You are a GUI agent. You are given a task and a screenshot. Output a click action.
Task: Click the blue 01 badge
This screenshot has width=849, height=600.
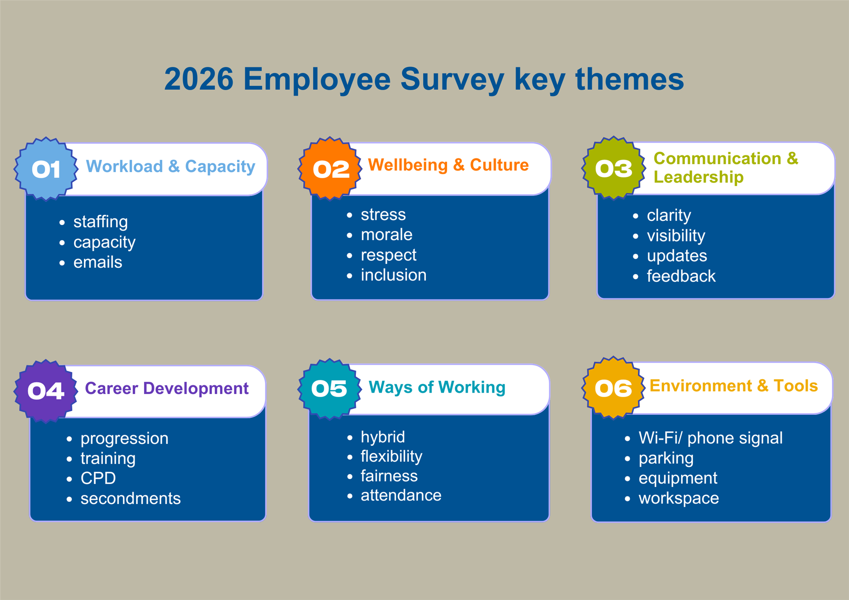pyautogui.click(x=46, y=169)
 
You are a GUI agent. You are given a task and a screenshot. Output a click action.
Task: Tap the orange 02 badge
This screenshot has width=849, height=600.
pyautogui.click(x=330, y=168)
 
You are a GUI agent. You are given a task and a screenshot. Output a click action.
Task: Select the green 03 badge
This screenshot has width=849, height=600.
pyautogui.click(x=613, y=168)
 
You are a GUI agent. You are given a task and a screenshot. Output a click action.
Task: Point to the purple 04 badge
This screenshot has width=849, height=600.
pyautogui.click(x=46, y=391)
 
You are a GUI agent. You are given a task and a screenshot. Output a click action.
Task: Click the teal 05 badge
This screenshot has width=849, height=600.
pyautogui.click(x=329, y=389)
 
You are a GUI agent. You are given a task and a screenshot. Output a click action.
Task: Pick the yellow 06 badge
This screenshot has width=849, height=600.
pyautogui.click(x=613, y=388)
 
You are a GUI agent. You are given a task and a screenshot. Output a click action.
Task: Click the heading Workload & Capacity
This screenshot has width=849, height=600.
pyautogui.click(x=170, y=167)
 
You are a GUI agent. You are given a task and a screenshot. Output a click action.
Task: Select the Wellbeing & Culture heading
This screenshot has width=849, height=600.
pyautogui.click(x=448, y=165)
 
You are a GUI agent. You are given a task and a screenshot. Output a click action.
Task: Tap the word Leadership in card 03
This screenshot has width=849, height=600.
pyautogui.click(x=698, y=177)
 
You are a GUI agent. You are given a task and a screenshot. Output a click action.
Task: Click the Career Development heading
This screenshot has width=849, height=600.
pyautogui.click(x=166, y=388)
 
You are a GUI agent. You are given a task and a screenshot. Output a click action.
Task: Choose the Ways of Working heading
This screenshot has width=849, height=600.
pyautogui.click(x=436, y=387)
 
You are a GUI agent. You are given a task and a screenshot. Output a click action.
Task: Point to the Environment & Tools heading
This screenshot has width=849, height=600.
pyautogui.click(x=733, y=386)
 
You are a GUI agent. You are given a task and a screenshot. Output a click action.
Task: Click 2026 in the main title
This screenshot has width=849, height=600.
pyautogui.click(x=199, y=80)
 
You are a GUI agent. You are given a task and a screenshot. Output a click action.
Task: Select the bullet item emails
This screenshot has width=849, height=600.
pyautogui.click(x=98, y=262)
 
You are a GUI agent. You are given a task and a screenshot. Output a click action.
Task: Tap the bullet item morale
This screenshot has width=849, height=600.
pyautogui.click(x=386, y=235)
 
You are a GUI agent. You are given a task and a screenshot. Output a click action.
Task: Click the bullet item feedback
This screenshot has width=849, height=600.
pyautogui.click(x=681, y=276)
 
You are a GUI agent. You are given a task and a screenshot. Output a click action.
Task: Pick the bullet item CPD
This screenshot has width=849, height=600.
pyautogui.click(x=98, y=478)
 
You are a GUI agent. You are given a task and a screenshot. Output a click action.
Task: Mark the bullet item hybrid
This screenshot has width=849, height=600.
pyautogui.click(x=382, y=437)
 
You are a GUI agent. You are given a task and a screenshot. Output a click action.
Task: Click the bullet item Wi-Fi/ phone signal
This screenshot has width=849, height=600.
pyautogui.click(x=710, y=438)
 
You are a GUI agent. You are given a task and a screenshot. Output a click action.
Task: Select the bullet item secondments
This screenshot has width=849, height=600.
pyautogui.click(x=130, y=499)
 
